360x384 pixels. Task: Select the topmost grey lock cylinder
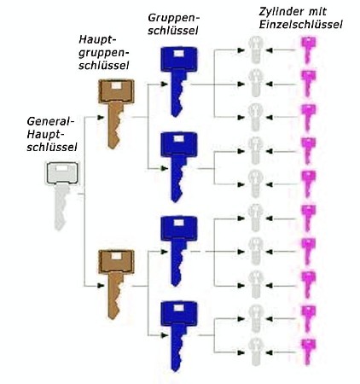pyautogui.click(x=255, y=49)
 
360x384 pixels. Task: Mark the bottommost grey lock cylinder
pyautogui.click(x=256, y=352)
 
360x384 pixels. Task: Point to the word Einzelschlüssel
pyautogui.click(x=300, y=25)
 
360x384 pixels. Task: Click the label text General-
pyautogui.click(x=50, y=121)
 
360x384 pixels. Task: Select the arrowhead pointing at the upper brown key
pyautogui.click(x=101, y=118)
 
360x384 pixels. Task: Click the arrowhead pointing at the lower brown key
pyautogui.click(x=101, y=286)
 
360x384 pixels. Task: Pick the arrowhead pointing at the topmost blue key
pyautogui.click(x=164, y=84)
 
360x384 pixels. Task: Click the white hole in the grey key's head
pyautogui.click(x=61, y=168)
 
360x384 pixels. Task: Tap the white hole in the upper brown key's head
pyautogui.click(x=116, y=85)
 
